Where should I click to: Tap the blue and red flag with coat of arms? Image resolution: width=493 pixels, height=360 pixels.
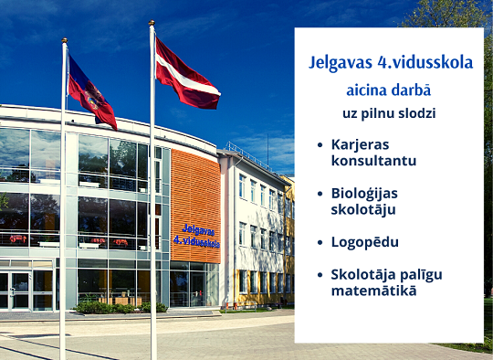(91, 93)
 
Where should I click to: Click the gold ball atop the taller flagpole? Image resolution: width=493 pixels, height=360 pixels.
(152, 23)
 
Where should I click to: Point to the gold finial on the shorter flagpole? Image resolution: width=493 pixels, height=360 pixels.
(65, 40)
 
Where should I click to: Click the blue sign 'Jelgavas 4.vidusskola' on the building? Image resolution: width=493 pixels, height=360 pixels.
(197, 237)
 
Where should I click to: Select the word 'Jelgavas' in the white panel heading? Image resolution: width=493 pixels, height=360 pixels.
(341, 63)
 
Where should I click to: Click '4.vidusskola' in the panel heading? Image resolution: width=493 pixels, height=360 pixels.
(425, 62)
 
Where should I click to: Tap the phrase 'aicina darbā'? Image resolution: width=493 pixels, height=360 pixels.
(389, 90)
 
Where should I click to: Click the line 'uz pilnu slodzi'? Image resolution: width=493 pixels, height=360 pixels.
(389, 113)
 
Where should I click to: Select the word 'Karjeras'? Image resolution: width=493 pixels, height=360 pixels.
(361, 145)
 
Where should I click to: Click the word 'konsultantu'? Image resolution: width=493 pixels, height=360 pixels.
(373, 161)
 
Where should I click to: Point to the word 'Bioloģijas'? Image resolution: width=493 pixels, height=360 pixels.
(364, 194)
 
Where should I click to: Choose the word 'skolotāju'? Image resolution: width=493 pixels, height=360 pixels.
(363, 210)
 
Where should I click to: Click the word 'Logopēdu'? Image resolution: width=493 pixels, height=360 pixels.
(364, 243)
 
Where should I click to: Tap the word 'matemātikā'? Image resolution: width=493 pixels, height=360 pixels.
(373, 291)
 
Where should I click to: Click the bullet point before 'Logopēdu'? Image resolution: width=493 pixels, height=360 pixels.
(320, 242)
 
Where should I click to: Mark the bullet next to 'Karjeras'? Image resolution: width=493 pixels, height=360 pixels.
(320, 144)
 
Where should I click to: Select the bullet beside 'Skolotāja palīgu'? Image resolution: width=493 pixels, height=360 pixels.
(320, 275)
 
